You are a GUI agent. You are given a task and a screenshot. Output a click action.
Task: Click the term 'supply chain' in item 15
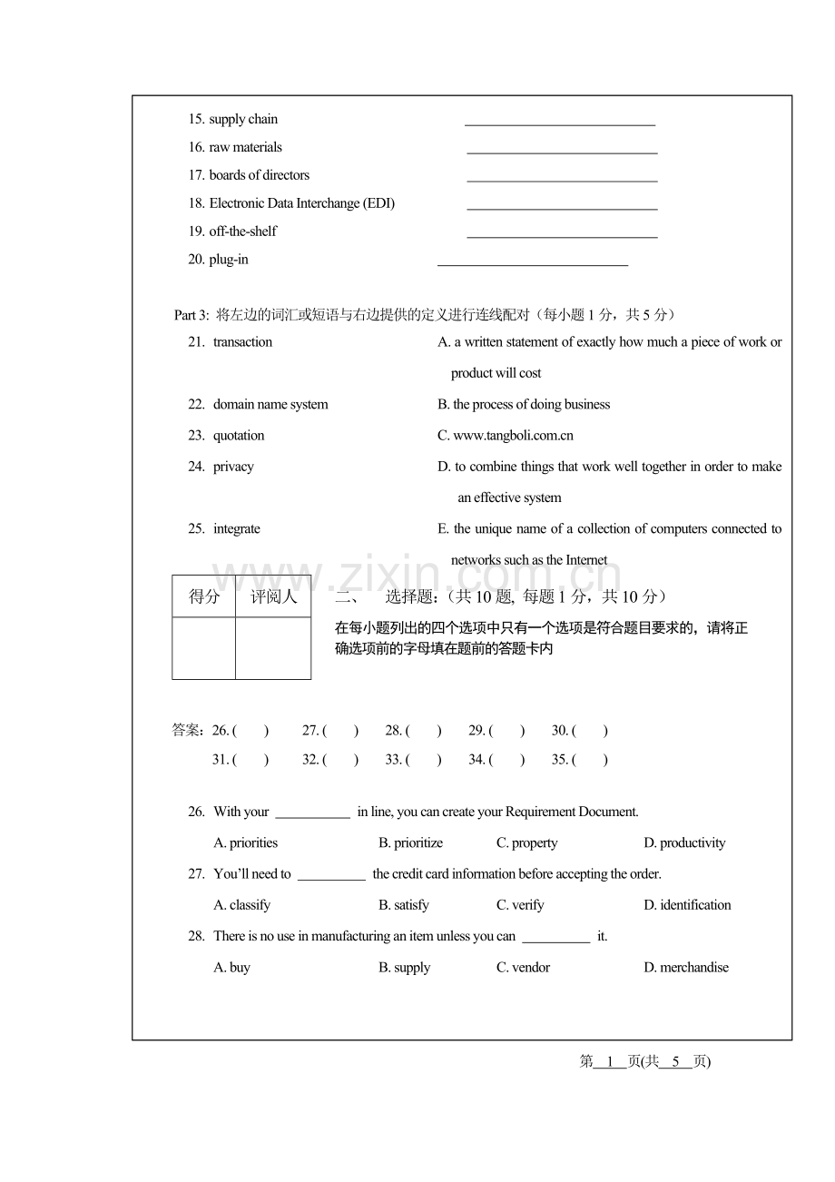click(x=243, y=119)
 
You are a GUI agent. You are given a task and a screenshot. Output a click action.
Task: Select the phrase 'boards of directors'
click(x=259, y=175)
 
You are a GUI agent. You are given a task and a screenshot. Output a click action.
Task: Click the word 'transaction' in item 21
click(x=242, y=342)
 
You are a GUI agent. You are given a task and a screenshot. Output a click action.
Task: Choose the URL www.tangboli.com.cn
click(x=513, y=436)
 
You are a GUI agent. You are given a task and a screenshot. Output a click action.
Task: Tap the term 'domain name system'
click(x=270, y=405)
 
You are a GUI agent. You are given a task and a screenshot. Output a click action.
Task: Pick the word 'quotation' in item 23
click(x=239, y=436)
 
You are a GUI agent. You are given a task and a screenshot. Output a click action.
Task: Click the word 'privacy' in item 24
click(x=233, y=467)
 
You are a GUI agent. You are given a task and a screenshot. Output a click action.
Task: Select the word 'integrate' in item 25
click(x=236, y=529)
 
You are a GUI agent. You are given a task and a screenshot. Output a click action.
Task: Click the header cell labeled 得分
click(x=204, y=596)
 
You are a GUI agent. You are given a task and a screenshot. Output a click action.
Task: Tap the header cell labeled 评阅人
click(x=273, y=596)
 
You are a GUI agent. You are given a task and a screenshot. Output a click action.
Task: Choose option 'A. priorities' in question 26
click(x=246, y=843)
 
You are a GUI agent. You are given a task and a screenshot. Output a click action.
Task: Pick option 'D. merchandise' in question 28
click(x=686, y=968)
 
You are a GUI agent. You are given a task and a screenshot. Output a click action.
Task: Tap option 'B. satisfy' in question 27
click(x=404, y=905)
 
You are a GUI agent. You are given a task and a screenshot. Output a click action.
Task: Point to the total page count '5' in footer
click(x=675, y=1061)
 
